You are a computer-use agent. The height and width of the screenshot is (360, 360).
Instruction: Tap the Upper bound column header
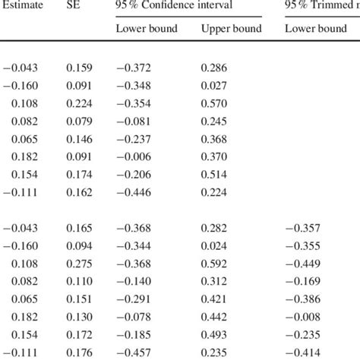pos(231,29)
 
